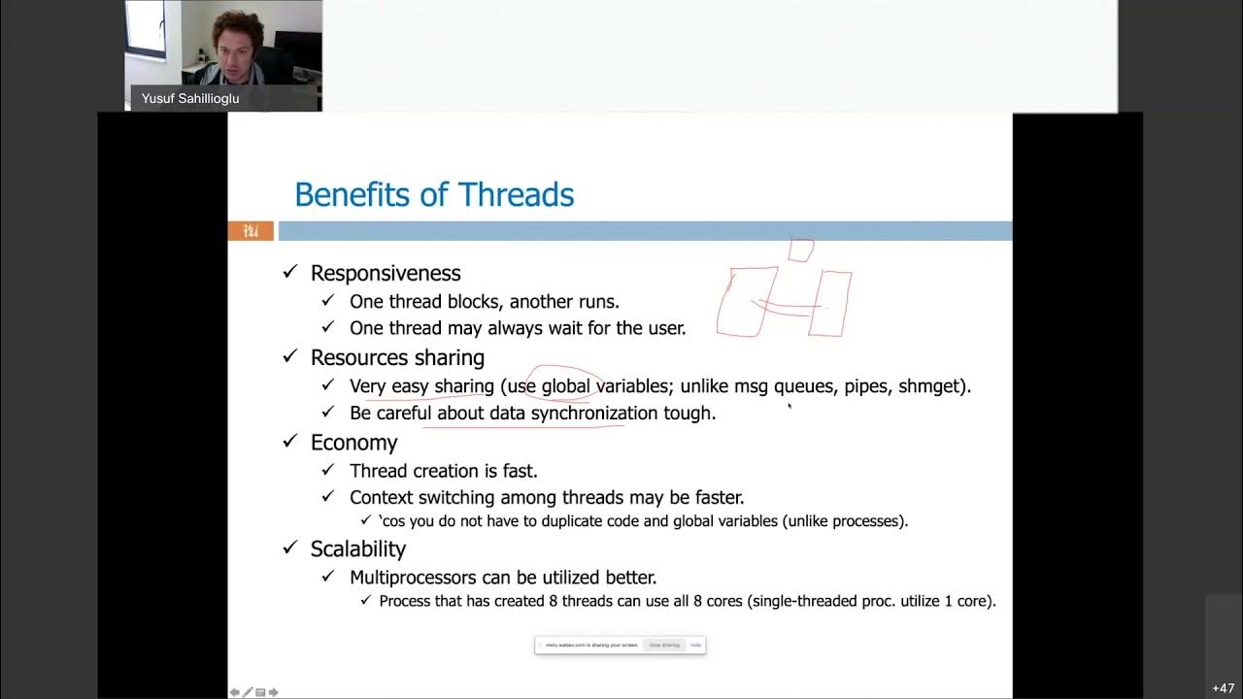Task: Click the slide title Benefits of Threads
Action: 434,194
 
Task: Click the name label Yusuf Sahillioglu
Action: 190,98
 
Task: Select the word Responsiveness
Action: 386,273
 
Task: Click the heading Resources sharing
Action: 397,357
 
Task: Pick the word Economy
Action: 353,443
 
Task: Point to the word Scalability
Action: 357,549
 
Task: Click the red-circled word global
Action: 565,386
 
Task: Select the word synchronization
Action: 593,413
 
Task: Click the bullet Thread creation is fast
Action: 443,471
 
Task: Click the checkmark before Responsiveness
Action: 289,273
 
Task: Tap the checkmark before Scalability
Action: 289,549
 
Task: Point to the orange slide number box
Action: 251,231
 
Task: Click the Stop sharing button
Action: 664,645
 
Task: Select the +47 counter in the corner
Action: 1223,687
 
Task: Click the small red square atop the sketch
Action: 801,250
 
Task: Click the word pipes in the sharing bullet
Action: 864,386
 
